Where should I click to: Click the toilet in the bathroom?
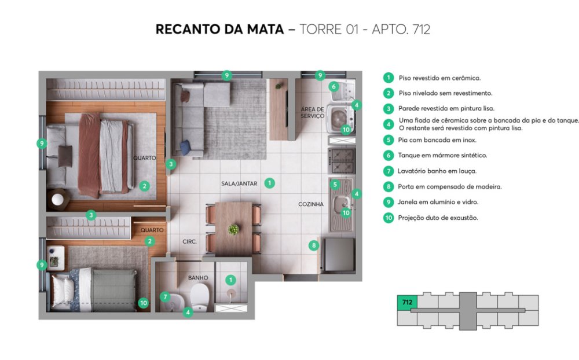click(199, 296)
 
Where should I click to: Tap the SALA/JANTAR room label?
click(239, 183)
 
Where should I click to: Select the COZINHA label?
click(311, 204)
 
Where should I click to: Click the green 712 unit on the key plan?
click(407, 302)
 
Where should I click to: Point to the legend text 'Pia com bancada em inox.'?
click(437, 140)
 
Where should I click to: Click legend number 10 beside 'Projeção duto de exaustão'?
click(389, 218)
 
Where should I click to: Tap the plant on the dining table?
click(233, 230)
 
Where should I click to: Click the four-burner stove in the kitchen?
click(342, 161)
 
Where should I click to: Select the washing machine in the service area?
click(340, 119)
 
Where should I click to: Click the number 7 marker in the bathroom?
click(165, 296)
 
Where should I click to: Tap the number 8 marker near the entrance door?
click(314, 245)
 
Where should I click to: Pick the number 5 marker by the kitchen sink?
click(335, 185)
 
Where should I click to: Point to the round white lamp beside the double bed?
click(57, 199)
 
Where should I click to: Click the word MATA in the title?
click(265, 29)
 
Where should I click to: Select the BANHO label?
click(198, 278)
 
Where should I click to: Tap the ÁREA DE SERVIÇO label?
click(313, 113)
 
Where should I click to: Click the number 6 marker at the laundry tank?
click(334, 87)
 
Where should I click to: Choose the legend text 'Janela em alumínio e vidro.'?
click(438, 202)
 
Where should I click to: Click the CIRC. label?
click(189, 241)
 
